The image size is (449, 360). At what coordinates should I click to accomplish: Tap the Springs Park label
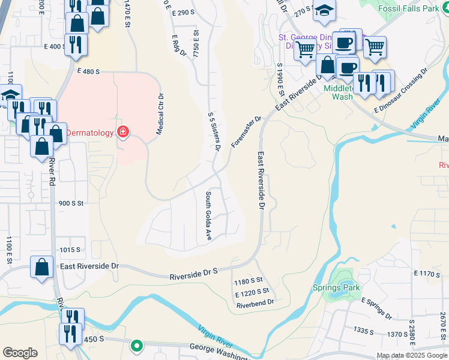(x=336, y=287)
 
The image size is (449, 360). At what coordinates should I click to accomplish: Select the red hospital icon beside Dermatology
(x=123, y=132)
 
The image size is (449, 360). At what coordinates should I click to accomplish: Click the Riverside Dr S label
(x=193, y=273)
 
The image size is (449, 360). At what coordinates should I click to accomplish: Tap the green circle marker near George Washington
(x=137, y=345)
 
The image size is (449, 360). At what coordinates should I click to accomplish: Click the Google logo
(x=20, y=353)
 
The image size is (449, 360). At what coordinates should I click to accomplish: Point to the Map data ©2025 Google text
(x=412, y=355)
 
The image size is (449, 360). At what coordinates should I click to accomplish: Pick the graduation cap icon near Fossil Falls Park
(x=325, y=11)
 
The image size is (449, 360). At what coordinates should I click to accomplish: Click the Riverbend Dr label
(x=255, y=302)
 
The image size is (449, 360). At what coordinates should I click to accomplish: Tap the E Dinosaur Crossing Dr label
(x=400, y=90)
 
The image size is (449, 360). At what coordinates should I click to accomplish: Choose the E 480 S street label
(x=88, y=70)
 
